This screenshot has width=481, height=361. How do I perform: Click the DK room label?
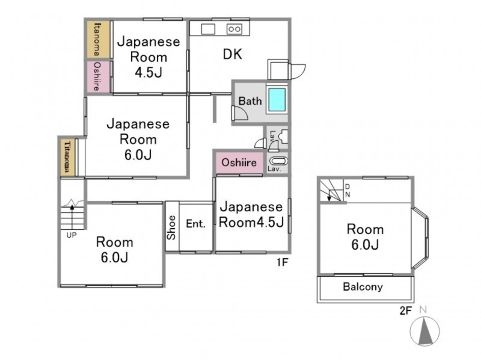pyautogui.click(x=232, y=54)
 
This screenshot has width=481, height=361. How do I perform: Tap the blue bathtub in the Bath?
pyautogui.click(x=277, y=100)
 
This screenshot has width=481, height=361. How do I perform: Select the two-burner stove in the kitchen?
pyautogui.click(x=234, y=29)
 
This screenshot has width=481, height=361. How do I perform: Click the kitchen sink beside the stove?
pyautogui.click(x=208, y=29)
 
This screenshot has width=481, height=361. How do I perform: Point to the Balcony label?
pyautogui.click(x=363, y=287)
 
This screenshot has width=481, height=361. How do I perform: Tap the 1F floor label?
pyautogui.click(x=283, y=262)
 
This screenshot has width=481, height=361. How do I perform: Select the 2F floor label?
pyautogui.click(x=405, y=310)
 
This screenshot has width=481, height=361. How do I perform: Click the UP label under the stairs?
pyautogui.click(x=72, y=235)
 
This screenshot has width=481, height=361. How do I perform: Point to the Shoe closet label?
pyautogui.click(x=172, y=227)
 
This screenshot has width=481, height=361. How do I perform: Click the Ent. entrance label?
pyautogui.click(x=196, y=223)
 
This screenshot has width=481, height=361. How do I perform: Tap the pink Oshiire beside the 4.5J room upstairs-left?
pyautogui.click(x=97, y=76)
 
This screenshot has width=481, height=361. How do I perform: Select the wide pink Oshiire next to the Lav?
pyautogui.click(x=239, y=162)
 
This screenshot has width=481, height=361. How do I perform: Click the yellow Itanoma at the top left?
pyautogui.click(x=98, y=39)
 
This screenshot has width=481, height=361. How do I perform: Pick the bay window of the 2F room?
pyautogui.click(x=420, y=238)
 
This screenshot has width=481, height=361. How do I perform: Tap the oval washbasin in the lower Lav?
pyautogui.click(x=278, y=161)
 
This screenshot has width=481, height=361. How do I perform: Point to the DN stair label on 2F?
pyautogui.click(x=348, y=191)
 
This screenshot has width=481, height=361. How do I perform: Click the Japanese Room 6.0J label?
pyautogui.click(x=138, y=140)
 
